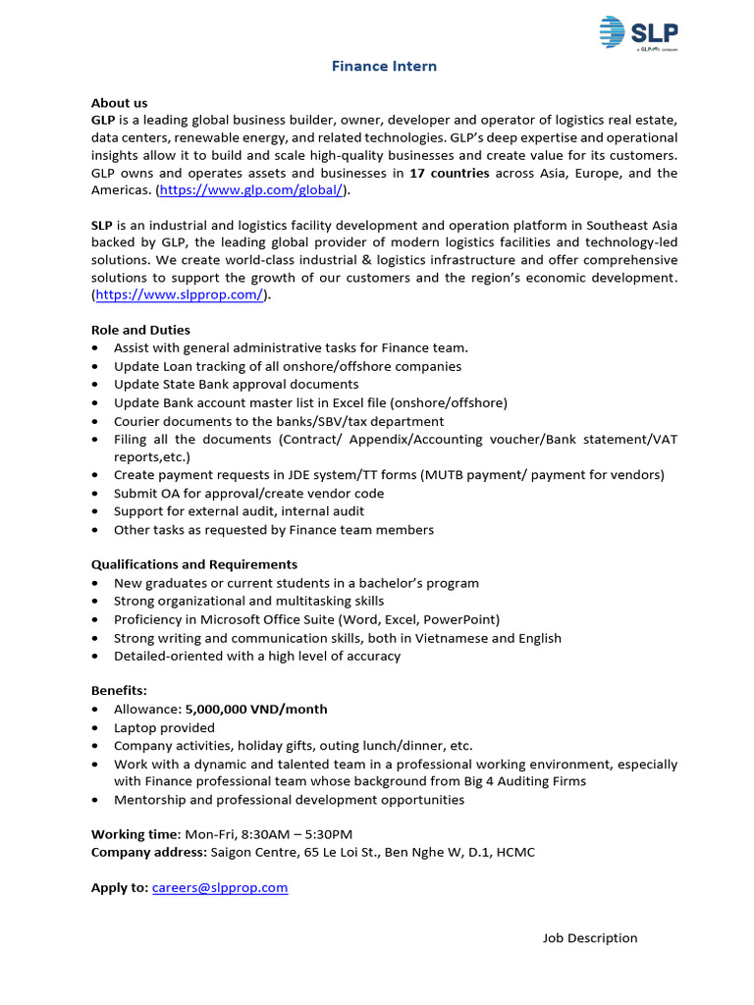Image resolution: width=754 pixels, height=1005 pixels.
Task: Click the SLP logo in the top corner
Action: click(638, 32)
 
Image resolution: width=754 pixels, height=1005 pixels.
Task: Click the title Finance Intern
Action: click(384, 67)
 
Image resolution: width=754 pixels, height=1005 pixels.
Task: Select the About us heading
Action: click(119, 102)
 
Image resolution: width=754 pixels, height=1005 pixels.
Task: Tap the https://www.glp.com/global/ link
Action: click(250, 190)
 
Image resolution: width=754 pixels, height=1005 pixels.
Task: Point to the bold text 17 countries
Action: click(449, 173)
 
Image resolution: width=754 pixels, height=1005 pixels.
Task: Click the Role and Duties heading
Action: click(140, 330)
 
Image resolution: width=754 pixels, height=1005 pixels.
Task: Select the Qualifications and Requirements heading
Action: click(194, 564)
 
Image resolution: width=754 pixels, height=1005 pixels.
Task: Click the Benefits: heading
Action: click(120, 691)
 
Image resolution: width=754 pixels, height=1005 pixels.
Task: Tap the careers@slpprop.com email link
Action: click(220, 887)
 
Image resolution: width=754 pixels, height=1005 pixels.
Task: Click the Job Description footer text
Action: click(590, 938)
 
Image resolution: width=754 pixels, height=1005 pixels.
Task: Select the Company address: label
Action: click(149, 852)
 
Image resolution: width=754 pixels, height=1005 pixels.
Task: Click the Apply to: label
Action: click(120, 887)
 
